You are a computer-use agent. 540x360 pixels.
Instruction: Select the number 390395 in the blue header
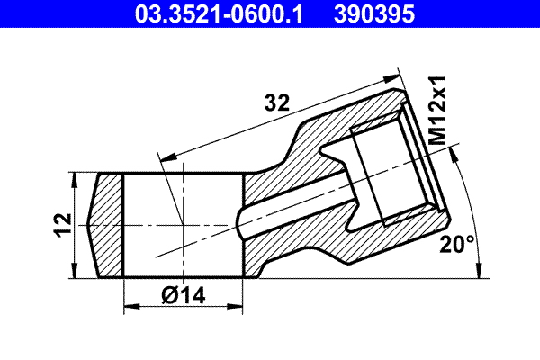(x=377, y=14)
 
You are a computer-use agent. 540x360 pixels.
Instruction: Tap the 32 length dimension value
(x=276, y=103)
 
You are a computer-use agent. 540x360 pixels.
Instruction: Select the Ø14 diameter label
(x=185, y=294)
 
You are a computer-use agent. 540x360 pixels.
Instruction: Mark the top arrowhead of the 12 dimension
(x=74, y=178)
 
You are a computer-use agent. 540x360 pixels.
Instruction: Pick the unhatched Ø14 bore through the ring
(x=183, y=225)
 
